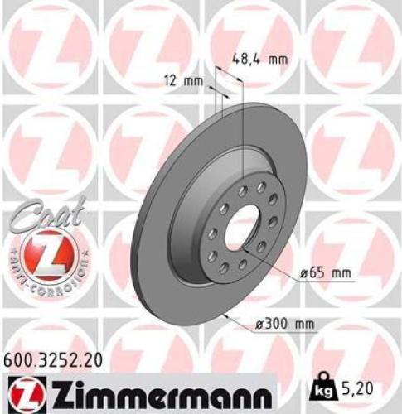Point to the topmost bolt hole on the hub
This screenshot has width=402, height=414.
pos(260,187)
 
